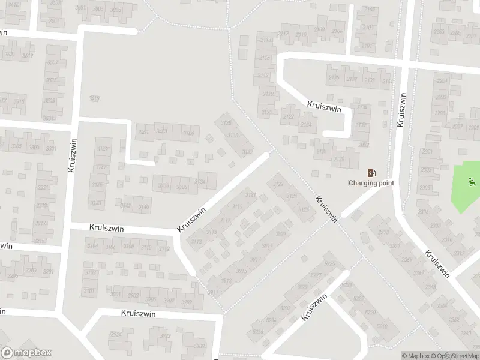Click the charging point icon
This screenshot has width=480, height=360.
click(x=372, y=173)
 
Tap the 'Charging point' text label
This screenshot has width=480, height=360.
click(x=372, y=183)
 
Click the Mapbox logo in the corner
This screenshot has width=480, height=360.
click(x=26, y=353)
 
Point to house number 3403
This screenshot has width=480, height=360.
click(x=161, y=131)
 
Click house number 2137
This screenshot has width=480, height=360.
click(x=352, y=80)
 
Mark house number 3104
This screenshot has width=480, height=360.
click(x=93, y=246)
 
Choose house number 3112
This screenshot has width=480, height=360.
click(x=164, y=249)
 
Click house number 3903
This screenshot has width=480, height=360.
click(x=133, y=296)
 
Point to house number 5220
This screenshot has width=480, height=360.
click(x=370, y=313)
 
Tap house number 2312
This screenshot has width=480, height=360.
click(x=460, y=253)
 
